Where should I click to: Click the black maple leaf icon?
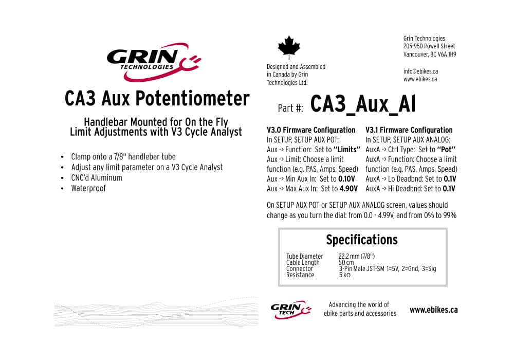[x=289, y=47]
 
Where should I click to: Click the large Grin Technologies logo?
[x=153, y=61]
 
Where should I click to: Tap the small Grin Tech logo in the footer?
[x=290, y=310]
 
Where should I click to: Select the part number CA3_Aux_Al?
[x=362, y=104]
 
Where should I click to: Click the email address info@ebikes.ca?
[x=420, y=71]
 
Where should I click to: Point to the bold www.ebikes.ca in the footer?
[x=433, y=310]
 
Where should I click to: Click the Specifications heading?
[x=362, y=240]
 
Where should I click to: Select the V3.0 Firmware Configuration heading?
[x=311, y=130]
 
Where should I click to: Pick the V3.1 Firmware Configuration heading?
[x=409, y=130]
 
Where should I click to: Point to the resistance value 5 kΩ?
[x=344, y=275]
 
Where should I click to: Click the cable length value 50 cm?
[x=346, y=262]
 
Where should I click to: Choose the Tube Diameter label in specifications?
[x=305, y=256]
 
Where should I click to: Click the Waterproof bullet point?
[x=88, y=188]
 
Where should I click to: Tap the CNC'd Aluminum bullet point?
[x=97, y=178]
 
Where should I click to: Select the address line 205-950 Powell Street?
[x=429, y=46]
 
